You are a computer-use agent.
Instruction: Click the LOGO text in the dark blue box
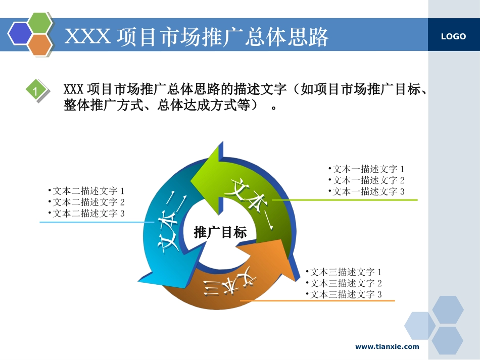coord(453,36)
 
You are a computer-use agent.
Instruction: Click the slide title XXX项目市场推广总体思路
coord(197,37)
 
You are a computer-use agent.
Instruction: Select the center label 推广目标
coord(220,232)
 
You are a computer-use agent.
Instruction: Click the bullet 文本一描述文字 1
coord(366,169)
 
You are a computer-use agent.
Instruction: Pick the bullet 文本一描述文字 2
coord(366,180)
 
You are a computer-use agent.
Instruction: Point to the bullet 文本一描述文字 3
coord(366,191)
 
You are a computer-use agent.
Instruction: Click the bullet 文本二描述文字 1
coord(86,191)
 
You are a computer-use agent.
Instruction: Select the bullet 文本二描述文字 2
coord(86,202)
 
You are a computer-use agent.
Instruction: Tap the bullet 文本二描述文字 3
coord(86,213)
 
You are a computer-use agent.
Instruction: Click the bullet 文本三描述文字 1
coord(344,272)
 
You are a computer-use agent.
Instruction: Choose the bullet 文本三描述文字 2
coord(344,283)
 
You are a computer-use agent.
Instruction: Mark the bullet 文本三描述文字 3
coord(344,294)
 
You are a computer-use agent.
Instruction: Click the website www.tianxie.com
coord(387,346)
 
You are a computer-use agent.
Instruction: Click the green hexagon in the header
coord(40,22)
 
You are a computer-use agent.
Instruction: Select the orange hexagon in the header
coord(40,45)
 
